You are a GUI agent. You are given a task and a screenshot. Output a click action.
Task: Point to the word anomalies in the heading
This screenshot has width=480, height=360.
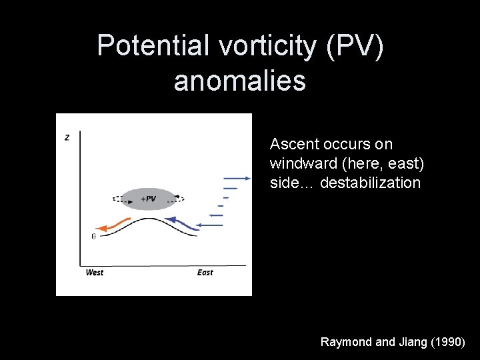[x=239, y=81]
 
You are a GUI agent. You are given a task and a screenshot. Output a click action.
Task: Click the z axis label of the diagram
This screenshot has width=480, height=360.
[x=67, y=137]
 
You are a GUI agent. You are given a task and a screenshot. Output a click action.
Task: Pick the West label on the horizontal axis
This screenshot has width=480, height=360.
[x=95, y=273]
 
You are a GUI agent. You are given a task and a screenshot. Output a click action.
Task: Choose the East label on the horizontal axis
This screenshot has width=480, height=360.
[x=205, y=273]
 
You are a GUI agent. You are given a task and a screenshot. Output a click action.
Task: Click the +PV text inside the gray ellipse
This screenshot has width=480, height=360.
[x=149, y=199]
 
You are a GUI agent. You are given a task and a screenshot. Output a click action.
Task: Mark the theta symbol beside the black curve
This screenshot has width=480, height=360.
[x=93, y=235]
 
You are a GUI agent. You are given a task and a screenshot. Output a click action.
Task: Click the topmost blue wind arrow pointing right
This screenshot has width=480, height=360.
[x=237, y=178]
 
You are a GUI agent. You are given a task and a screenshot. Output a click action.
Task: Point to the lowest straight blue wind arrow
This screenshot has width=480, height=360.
[x=211, y=225]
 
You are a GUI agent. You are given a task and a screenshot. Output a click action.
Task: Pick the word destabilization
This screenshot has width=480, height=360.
[x=371, y=183]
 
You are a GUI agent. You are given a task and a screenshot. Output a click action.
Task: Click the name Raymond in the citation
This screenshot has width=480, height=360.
[x=347, y=342]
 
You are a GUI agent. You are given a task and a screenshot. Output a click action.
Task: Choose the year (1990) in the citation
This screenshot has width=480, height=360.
[x=449, y=342]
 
